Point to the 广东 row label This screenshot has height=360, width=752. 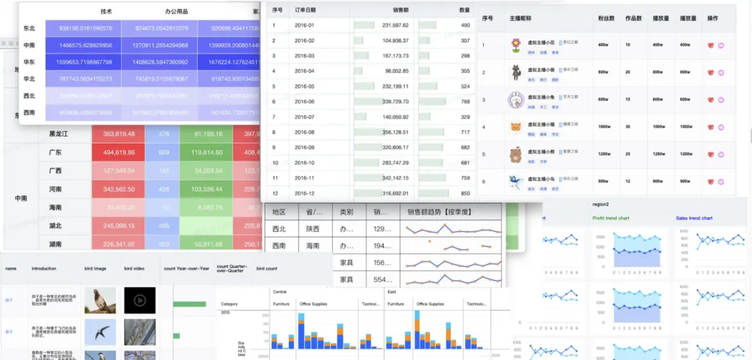55,152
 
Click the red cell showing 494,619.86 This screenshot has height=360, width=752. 118,152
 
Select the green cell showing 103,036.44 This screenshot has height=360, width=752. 207,189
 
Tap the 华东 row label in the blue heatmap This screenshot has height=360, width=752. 29,62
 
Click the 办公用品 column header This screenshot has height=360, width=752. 177,12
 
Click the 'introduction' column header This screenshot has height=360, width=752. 44,268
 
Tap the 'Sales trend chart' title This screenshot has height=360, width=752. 694,218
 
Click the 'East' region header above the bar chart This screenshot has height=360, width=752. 392,292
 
